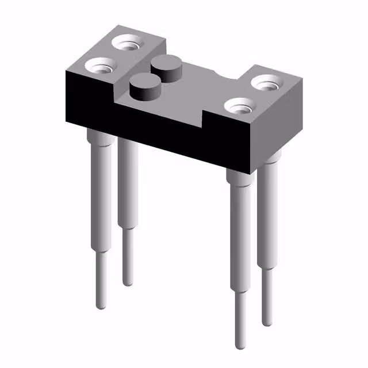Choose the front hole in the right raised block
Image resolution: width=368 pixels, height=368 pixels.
coord(239,106)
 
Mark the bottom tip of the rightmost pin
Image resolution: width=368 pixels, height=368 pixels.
coord(267,323)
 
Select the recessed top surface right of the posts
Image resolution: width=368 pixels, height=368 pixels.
coord(195,89)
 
